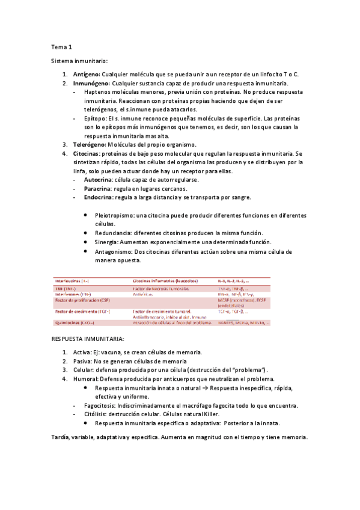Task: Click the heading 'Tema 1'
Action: pos(61,46)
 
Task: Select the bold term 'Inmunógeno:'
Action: pos(91,83)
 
